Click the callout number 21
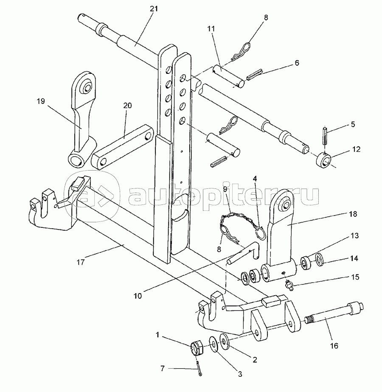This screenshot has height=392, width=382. [x=154, y=9]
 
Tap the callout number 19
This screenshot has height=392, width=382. [x=40, y=101]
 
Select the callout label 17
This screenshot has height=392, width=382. [x=81, y=262]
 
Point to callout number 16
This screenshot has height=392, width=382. [x=334, y=346]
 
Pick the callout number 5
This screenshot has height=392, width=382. [x=353, y=124]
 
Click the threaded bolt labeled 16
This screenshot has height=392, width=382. [x=334, y=313]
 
